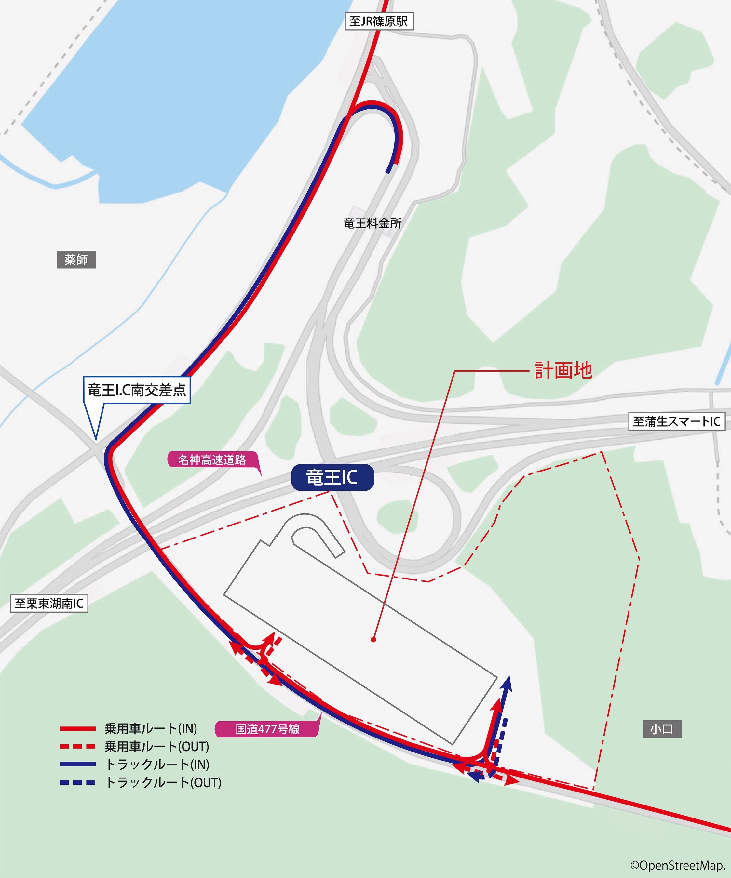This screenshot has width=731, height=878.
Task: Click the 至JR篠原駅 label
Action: tap(379, 21)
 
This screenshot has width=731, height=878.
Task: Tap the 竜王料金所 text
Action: tap(372, 223)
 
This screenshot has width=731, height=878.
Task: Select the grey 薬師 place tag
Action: tap(76, 259)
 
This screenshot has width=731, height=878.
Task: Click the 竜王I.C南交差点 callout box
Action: tap(137, 390)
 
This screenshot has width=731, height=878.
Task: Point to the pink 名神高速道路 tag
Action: tap(212, 460)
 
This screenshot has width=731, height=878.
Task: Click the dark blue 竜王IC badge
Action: tap(332, 477)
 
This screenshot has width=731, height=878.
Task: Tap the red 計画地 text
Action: tap(563, 370)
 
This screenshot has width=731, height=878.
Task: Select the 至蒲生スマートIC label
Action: tap(676, 421)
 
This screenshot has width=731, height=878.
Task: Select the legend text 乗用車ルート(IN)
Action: tap(151, 729)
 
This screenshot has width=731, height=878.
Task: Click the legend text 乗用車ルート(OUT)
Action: tap(157, 747)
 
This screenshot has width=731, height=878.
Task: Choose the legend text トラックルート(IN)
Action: tap(157, 765)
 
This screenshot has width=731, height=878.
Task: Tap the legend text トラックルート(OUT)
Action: tap(163, 783)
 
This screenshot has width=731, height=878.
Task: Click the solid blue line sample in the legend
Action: tap(78, 764)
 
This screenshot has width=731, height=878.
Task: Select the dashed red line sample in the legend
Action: tap(78, 746)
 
